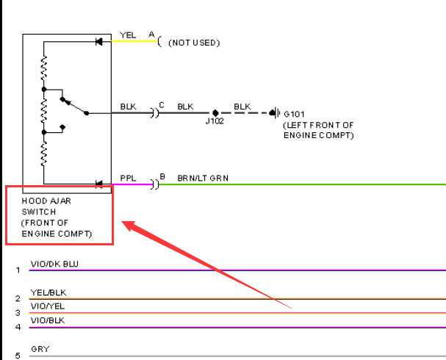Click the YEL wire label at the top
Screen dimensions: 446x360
(x=128, y=35)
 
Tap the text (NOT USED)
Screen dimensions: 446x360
(x=194, y=43)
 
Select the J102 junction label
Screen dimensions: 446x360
(x=215, y=121)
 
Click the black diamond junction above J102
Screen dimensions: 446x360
(x=215, y=113)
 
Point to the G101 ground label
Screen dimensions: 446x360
(x=294, y=114)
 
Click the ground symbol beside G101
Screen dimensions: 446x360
(x=274, y=113)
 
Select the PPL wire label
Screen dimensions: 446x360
(x=128, y=179)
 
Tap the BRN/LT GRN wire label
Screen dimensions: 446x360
(x=203, y=179)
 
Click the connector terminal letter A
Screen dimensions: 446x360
(x=151, y=35)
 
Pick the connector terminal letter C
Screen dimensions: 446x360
(x=162, y=105)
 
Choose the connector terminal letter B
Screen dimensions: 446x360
(x=162, y=176)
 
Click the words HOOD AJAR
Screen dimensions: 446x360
(x=46, y=201)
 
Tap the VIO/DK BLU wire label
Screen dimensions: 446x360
(x=54, y=264)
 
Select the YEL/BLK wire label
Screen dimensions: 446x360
(x=48, y=292)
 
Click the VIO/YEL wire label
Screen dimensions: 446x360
(x=48, y=306)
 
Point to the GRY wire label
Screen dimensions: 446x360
(x=40, y=349)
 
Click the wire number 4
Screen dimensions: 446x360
(x=18, y=327)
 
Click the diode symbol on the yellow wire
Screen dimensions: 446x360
(x=99, y=42)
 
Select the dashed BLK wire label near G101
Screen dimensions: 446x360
(x=242, y=107)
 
